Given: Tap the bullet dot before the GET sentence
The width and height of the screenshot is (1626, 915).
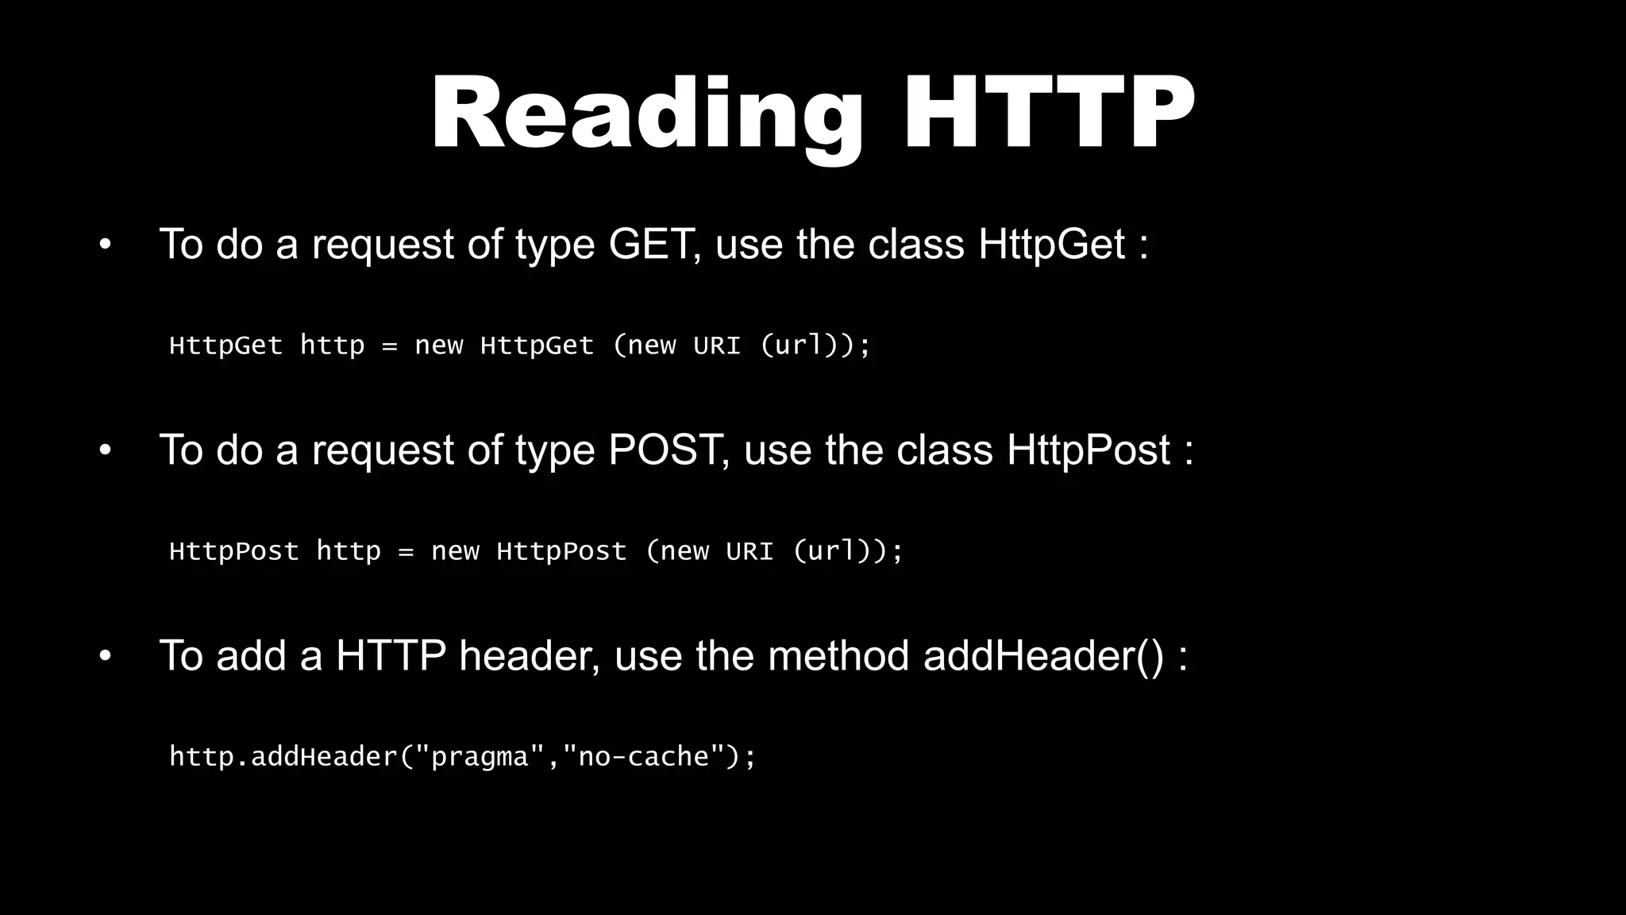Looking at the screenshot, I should tap(105, 245).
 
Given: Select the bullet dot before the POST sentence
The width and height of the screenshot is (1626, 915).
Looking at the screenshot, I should tap(105, 450).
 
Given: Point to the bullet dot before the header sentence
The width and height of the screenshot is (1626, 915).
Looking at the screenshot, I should tap(105, 657).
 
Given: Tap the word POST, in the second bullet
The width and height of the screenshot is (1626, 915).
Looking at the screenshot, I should tap(669, 450).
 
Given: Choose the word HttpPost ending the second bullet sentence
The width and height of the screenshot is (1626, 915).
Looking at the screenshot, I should tap(1088, 450).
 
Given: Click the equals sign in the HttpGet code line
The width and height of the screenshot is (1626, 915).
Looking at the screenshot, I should tap(389, 346).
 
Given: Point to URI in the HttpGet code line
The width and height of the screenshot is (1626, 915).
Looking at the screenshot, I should tap(716, 346).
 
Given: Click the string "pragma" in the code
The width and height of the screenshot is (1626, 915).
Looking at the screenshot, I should tap(479, 757).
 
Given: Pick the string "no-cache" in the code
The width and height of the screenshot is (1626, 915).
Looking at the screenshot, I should tap(643, 757).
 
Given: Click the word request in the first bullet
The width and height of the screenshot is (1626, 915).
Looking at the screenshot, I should tap(382, 245).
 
